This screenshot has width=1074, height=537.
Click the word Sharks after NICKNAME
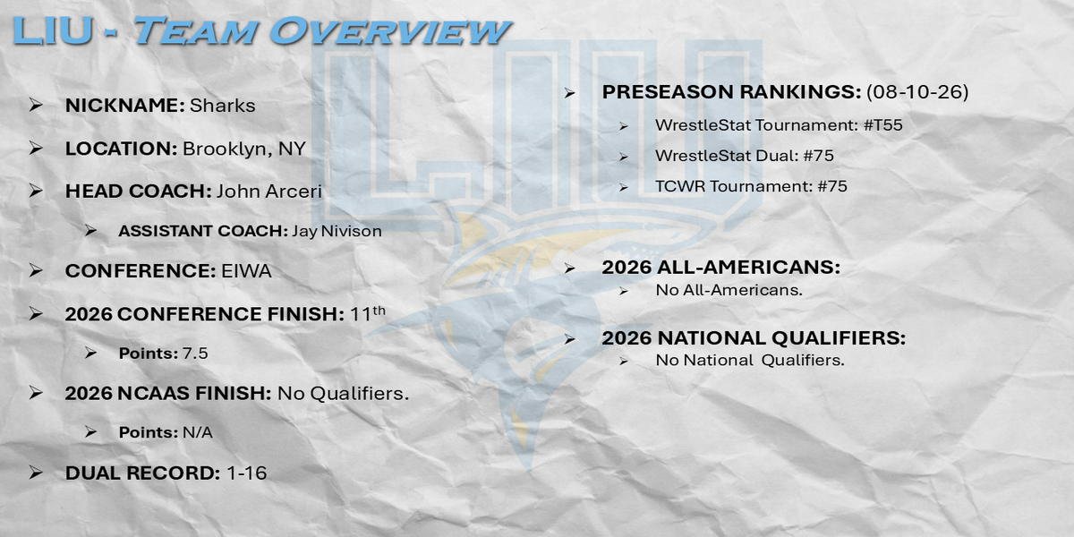[x=223, y=106]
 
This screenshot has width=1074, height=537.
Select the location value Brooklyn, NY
[x=244, y=149]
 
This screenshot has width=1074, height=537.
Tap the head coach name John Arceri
[x=269, y=192]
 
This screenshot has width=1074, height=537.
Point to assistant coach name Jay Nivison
[x=337, y=231]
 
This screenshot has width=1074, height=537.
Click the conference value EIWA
[x=246, y=271]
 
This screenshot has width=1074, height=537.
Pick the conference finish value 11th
[x=368, y=313]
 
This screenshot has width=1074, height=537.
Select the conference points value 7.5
[x=195, y=354]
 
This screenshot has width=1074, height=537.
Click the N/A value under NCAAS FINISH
[x=198, y=432]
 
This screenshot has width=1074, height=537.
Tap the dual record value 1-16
[x=246, y=473]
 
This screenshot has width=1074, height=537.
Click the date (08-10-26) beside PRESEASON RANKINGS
[x=917, y=91]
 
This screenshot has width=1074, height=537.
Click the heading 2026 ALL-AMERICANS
[x=721, y=267]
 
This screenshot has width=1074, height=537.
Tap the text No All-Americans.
[x=729, y=290]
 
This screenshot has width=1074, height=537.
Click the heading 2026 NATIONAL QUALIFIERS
[x=754, y=338]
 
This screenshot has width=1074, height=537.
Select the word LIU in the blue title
[x=52, y=31]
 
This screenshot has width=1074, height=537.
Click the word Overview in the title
[x=390, y=31]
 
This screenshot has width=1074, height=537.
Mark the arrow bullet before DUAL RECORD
[x=36, y=473]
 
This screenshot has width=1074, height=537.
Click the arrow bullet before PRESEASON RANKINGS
[x=569, y=92]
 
